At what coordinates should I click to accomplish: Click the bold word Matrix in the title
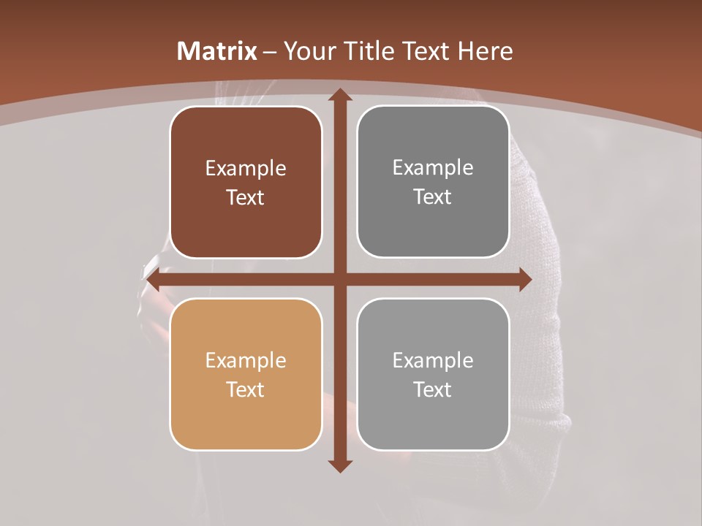(217, 51)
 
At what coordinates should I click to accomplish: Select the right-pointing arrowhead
(524, 280)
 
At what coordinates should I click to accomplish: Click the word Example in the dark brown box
(246, 169)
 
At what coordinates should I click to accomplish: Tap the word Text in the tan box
(246, 389)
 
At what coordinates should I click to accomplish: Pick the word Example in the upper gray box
(433, 168)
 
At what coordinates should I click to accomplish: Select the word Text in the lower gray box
(433, 389)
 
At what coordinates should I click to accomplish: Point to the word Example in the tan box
(246, 361)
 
